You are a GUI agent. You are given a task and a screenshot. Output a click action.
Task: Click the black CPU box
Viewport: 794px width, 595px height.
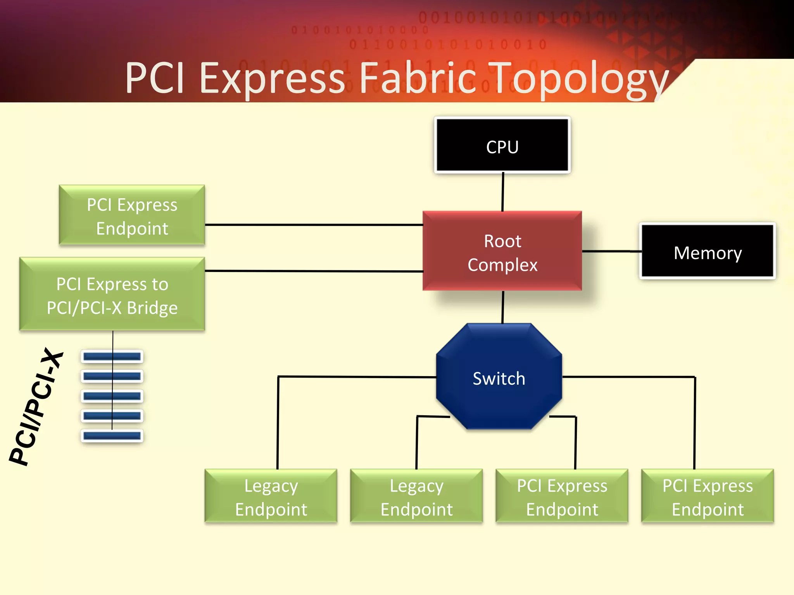(502, 145)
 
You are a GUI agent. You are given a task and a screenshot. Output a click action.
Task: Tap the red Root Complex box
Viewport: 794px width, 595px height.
(502, 252)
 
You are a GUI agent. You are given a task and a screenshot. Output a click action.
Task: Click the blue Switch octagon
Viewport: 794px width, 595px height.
(499, 378)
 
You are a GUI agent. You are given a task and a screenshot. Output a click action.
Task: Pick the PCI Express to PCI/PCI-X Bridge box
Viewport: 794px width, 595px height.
(112, 294)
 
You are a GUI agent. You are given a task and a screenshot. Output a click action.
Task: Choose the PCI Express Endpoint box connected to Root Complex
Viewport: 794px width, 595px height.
(132, 215)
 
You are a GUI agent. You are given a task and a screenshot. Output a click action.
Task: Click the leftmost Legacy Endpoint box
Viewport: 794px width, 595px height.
(271, 497)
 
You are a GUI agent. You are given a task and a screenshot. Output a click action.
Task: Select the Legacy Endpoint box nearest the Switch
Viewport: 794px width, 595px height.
(416, 497)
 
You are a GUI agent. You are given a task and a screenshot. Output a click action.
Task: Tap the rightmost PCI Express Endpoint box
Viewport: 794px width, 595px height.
(708, 497)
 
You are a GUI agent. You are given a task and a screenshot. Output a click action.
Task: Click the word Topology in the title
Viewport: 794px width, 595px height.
(578, 79)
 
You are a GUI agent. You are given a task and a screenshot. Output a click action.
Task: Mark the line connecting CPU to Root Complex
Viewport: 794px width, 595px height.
(503, 192)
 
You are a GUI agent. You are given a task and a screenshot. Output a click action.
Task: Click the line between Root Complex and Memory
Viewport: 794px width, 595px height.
(611, 251)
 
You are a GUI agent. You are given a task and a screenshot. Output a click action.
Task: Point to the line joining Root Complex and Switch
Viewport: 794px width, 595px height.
(503, 307)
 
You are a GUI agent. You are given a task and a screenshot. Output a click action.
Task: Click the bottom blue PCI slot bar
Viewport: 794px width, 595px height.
(112, 436)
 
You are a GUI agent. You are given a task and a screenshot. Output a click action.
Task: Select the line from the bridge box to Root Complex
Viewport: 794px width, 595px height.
(314, 271)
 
